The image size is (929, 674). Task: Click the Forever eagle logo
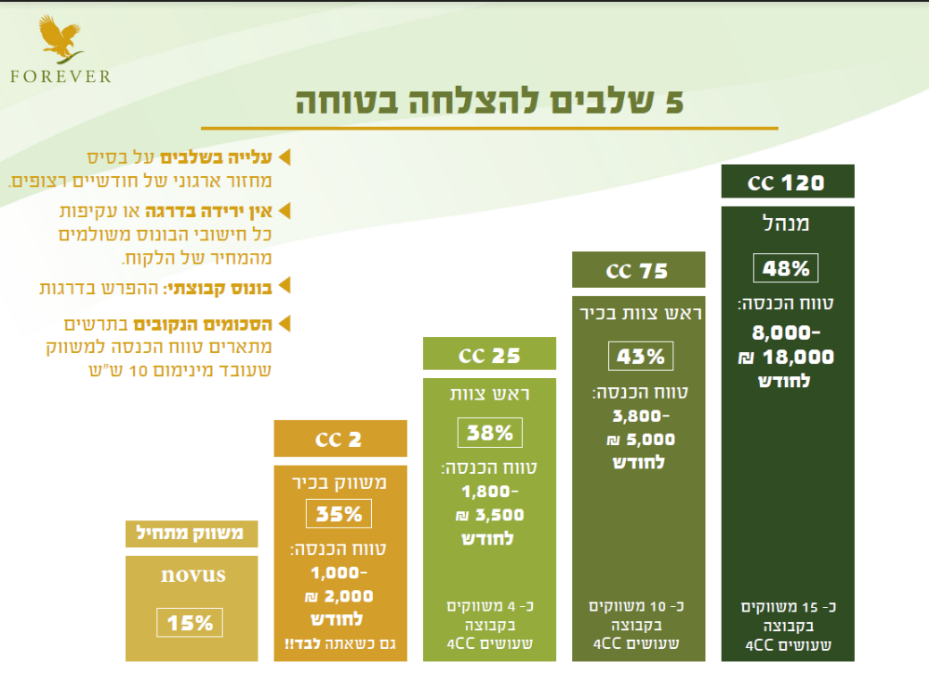point(62,39)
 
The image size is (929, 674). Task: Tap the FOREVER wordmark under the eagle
point(61,76)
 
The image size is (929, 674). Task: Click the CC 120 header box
point(787,182)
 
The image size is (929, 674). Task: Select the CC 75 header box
point(638,270)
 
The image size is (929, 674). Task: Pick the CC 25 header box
point(489,355)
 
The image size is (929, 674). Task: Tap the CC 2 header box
point(339,440)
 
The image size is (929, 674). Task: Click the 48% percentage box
point(786,268)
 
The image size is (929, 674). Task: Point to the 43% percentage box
point(641,356)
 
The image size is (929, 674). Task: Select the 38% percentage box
point(490,434)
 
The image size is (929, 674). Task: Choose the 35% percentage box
point(339,514)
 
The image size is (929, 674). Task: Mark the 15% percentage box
point(190,622)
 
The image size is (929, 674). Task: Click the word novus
point(192,574)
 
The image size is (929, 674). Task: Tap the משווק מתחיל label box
point(190,535)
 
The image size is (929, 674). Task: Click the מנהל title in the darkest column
point(786,224)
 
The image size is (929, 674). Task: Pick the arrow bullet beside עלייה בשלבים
point(285,157)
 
